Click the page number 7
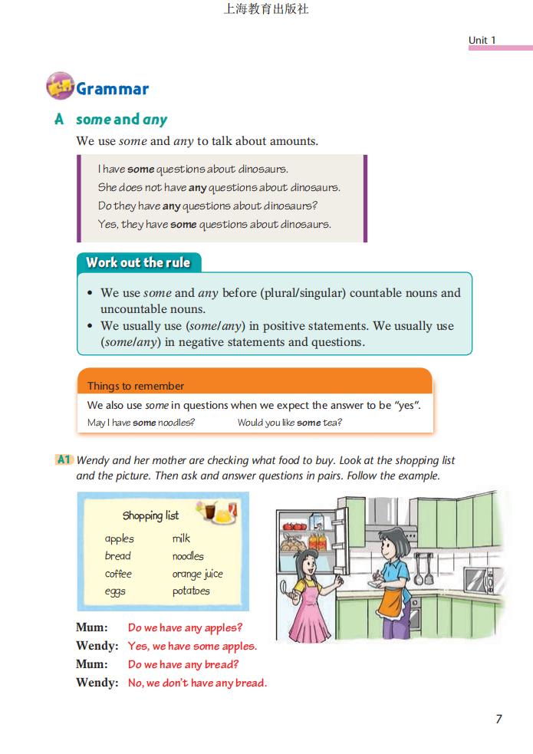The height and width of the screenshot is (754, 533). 498,719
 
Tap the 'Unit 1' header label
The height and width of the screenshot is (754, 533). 482,40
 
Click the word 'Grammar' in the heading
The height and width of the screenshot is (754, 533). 112,89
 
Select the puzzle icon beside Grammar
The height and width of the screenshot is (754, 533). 60,87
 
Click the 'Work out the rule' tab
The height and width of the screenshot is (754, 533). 138,262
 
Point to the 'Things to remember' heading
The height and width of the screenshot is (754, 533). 136,386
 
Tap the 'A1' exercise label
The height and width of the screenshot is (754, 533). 64,460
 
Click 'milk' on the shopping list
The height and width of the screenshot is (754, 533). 181,538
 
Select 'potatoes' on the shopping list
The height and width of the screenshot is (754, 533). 191,591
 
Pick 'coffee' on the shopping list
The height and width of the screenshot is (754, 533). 118,574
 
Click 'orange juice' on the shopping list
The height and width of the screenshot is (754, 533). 197,574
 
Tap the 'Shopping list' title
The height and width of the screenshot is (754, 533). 150,515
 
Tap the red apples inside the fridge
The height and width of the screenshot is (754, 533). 294,527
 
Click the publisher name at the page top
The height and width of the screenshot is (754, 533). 265,10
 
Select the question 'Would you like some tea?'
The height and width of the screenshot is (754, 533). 289,423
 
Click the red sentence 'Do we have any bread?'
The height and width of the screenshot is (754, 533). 183,664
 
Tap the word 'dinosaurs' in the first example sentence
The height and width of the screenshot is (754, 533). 263,169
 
